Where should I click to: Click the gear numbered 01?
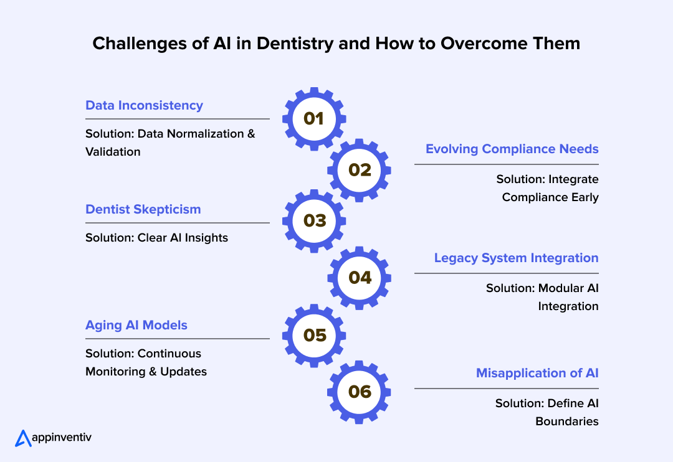click(x=314, y=119)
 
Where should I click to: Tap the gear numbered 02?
click(x=360, y=170)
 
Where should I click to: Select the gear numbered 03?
click(x=314, y=220)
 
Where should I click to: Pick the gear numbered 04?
click(x=360, y=278)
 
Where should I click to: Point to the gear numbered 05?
click(x=314, y=336)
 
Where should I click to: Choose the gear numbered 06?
click(x=360, y=392)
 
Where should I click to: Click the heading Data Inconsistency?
click(x=144, y=105)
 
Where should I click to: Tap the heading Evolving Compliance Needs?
click(x=512, y=149)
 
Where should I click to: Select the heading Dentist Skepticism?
click(x=143, y=209)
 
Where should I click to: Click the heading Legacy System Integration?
click(x=516, y=258)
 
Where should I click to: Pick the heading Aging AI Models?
click(x=136, y=325)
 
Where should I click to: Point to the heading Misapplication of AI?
click(x=537, y=373)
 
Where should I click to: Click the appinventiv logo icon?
click(x=22, y=438)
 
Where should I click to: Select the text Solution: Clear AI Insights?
click(x=156, y=237)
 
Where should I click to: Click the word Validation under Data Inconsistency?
click(x=113, y=151)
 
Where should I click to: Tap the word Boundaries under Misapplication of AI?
click(x=566, y=422)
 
